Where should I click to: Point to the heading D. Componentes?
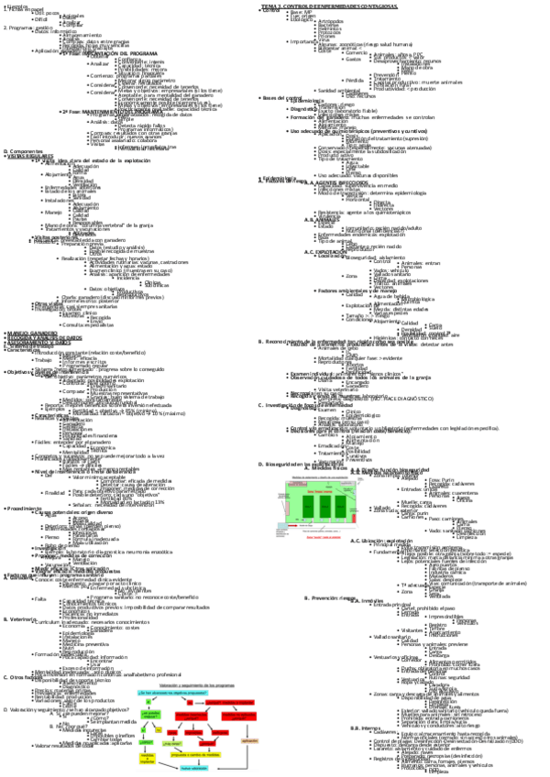23,151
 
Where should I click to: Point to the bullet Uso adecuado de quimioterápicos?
348,131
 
